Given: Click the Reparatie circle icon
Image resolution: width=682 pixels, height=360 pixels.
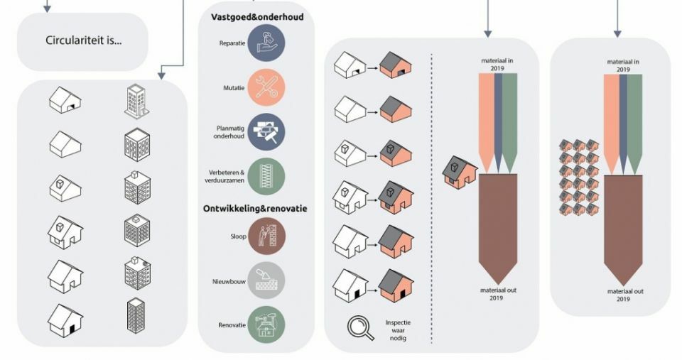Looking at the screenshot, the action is (x=266, y=43).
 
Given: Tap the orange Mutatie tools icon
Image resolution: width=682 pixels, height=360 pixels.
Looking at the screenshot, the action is (x=266, y=87).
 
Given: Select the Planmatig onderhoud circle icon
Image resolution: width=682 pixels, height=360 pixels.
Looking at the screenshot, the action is (x=266, y=132).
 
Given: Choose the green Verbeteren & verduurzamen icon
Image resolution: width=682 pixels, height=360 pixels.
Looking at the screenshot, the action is (x=266, y=176).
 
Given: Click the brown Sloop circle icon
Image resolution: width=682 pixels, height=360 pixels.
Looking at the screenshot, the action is (x=266, y=236).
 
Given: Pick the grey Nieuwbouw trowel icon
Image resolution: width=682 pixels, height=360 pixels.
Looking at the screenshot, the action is (x=266, y=280).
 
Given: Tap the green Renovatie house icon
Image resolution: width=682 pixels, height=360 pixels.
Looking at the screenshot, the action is (x=266, y=324).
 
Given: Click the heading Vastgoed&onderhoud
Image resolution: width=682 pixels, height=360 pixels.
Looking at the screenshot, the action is (x=257, y=17).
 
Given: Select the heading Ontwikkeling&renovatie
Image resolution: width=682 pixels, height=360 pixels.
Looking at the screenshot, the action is (x=255, y=208).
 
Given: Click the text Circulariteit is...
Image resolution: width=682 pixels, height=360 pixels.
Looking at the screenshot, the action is (x=83, y=40).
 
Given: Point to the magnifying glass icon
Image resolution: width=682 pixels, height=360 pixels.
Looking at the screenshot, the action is (x=361, y=328).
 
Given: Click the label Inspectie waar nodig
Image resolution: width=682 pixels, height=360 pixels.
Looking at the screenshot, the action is (x=398, y=330).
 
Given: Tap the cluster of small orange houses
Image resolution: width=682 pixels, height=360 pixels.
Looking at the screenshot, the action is (x=579, y=178).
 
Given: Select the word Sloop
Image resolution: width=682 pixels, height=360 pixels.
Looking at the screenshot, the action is (x=239, y=236).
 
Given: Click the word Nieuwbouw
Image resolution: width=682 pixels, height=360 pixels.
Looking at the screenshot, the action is (x=229, y=281).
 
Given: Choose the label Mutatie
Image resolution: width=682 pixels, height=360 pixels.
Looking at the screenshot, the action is (x=234, y=88).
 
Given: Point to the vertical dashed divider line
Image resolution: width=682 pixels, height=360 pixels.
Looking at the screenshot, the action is (x=431, y=199).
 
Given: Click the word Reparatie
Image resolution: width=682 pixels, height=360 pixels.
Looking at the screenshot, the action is (x=232, y=43).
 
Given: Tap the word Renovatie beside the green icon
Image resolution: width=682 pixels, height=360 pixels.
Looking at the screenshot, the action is (x=232, y=325).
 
